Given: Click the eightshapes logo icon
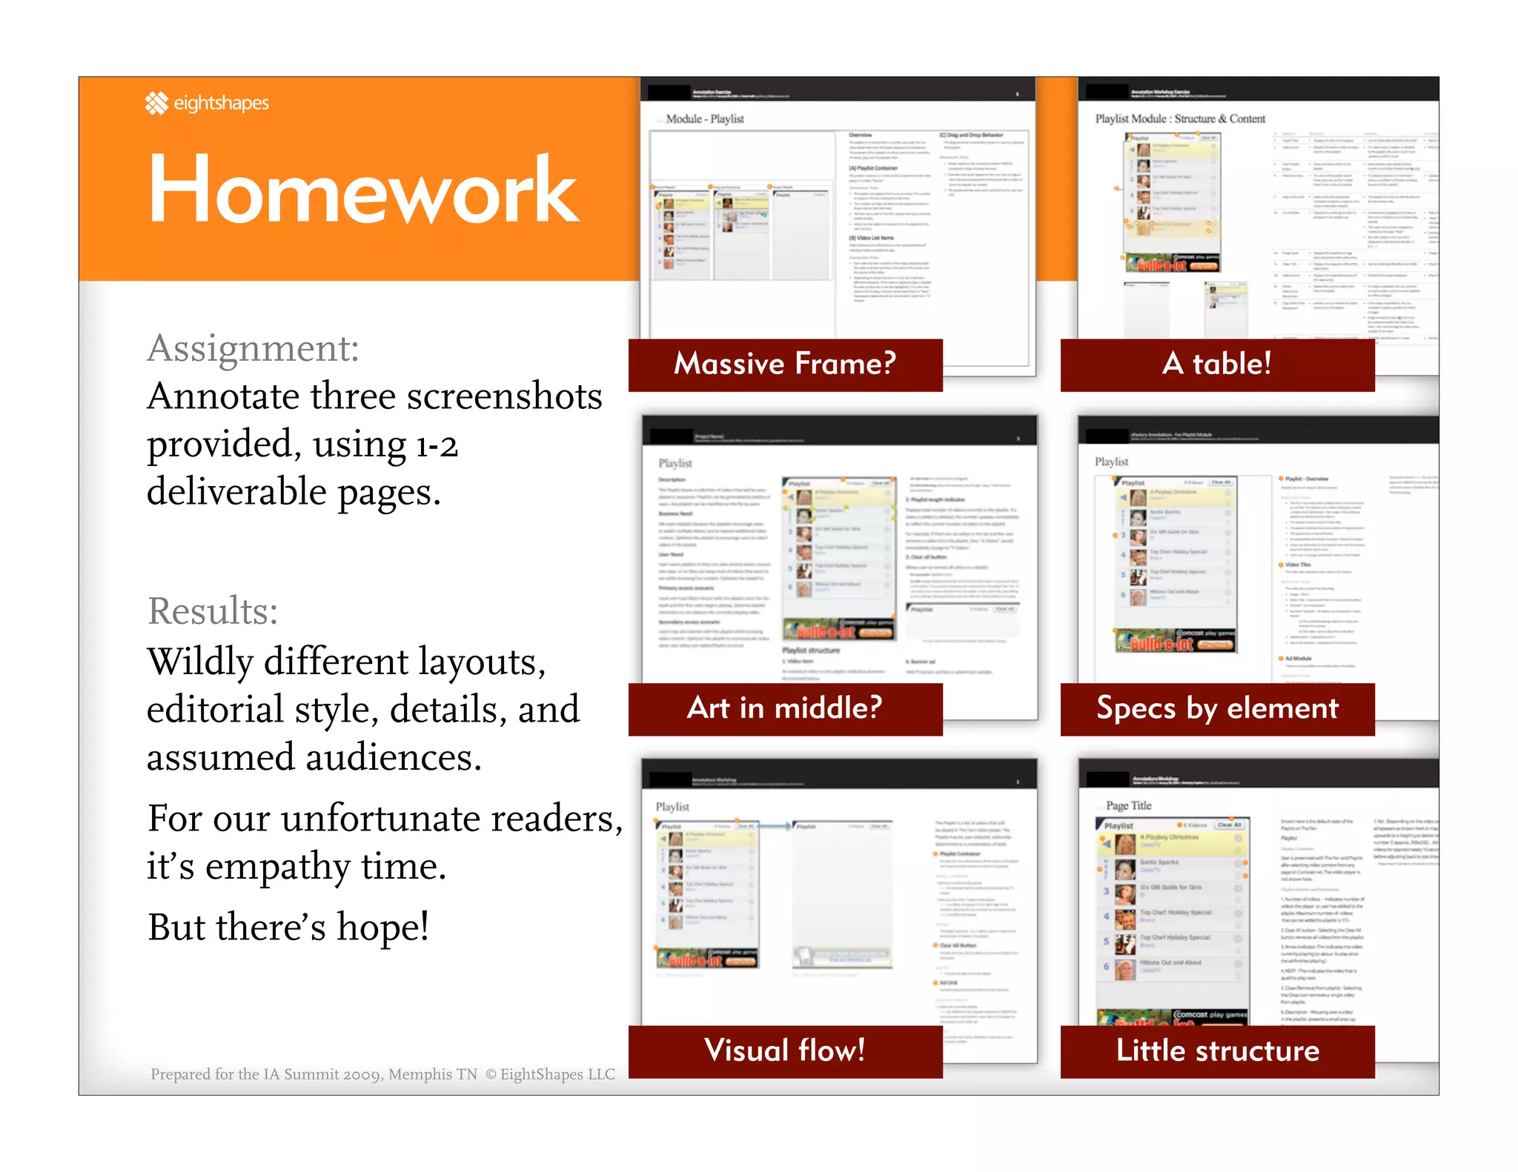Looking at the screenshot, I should point(156,103).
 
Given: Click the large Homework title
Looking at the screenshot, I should point(362,190).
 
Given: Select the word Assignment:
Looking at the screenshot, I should point(253,348).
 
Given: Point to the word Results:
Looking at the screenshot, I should point(213,611).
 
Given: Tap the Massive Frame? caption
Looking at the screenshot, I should point(785,364).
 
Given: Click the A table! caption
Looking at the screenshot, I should point(1216,364).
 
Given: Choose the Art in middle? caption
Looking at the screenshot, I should point(785,708).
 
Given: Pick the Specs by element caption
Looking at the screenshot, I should point(1217,708).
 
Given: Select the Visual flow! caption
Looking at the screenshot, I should point(785,1051).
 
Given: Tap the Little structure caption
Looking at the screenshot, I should point(1217,1051).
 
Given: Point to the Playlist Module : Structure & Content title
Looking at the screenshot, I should point(1180,119).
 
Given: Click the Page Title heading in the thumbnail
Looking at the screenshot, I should point(1128,805).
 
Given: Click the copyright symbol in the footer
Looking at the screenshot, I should point(491,1074).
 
